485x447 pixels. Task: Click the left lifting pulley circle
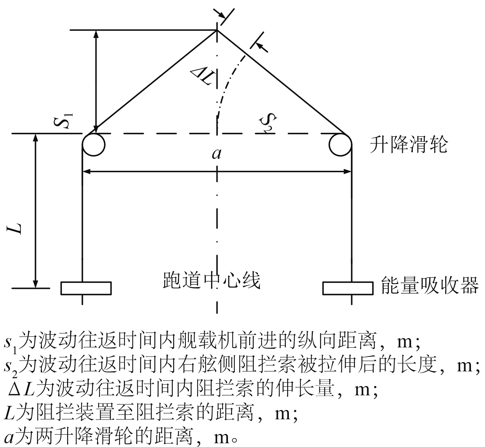pos(93,145)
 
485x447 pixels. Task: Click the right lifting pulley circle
pos(340,145)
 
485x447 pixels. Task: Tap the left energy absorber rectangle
pos(86,288)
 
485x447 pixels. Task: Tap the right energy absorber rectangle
pos(348,288)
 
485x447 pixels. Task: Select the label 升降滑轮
pos(409,145)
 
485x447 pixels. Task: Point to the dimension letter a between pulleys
pos(216,154)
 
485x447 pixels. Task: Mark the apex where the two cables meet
pos(217,30)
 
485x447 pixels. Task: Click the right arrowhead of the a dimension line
pos(348,171)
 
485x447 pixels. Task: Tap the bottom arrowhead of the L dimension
pos(35,284)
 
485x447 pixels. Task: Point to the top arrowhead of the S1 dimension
pos(96,34)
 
